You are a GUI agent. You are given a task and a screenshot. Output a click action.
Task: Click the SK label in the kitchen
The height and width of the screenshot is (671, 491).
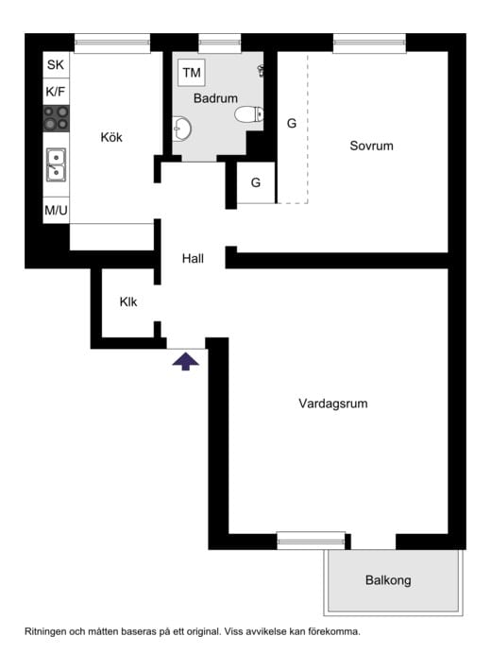click(x=56, y=65)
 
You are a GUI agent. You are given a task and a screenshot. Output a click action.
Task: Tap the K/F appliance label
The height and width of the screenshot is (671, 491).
click(x=56, y=92)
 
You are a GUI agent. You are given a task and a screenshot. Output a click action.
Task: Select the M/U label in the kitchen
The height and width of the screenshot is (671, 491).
click(x=56, y=210)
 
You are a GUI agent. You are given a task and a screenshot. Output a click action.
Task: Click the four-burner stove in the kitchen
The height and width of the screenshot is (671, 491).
click(x=56, y=119)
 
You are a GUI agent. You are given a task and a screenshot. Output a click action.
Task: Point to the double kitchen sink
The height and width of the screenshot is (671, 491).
click(x=56, y=164)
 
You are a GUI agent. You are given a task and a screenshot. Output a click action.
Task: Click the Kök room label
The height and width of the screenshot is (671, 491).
click(x=111, y=137)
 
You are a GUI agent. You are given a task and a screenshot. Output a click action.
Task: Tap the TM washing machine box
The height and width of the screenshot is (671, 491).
click(x=192, y=73)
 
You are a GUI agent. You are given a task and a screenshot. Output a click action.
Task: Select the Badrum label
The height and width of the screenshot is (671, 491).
click(x=215, y=98)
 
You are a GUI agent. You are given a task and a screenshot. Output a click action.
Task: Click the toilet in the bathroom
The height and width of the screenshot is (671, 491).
click(x=248, y=114)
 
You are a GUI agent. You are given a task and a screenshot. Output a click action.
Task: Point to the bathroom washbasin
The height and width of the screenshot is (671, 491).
click(x=181, y=127)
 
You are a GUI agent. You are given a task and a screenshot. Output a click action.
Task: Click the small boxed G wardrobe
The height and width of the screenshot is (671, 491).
click(x=255, y=182)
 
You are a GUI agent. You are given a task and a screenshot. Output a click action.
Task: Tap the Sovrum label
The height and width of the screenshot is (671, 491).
click(x=371, y=146)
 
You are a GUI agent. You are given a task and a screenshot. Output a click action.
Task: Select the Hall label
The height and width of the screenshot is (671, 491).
click(x=194, y=257)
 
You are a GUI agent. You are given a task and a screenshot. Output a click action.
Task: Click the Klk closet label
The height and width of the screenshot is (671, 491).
click(x=128, y=302)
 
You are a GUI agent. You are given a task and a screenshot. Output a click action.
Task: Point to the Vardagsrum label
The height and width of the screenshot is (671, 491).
click(x=332, y=404)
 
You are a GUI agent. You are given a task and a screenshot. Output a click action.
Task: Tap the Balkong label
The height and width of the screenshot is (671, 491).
click(x=388, y=580)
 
